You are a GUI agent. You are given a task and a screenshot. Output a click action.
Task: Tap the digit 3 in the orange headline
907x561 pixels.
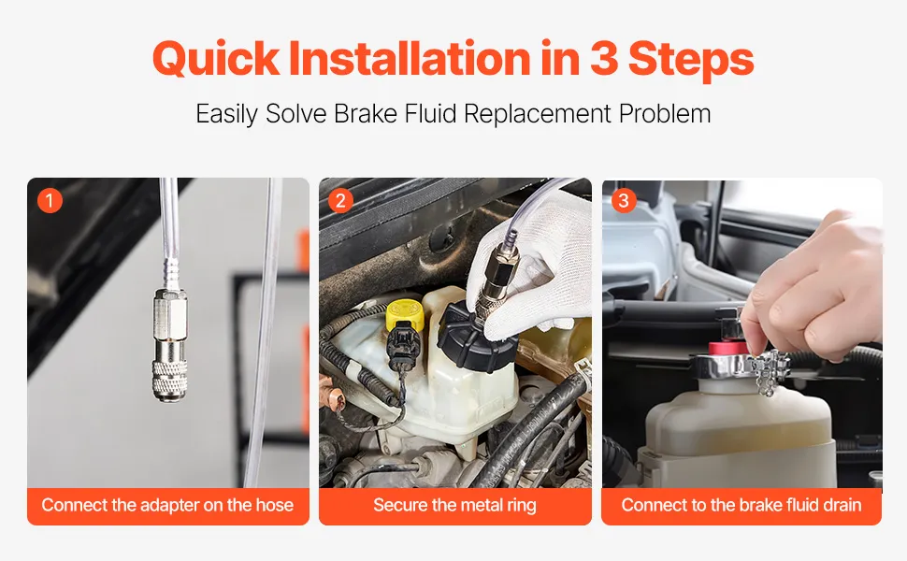tap(604, 58)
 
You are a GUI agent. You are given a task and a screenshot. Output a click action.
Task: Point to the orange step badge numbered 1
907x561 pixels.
tap(50, 201)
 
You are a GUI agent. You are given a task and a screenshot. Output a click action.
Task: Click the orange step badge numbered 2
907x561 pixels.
tap(340, 201)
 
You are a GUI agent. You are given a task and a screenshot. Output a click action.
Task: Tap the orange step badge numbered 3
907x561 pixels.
tap(624, 201)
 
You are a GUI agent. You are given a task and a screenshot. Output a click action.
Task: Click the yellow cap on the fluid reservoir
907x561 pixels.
tap(404, 315)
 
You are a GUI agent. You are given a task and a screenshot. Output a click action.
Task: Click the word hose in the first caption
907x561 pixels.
tap(274, 505)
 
